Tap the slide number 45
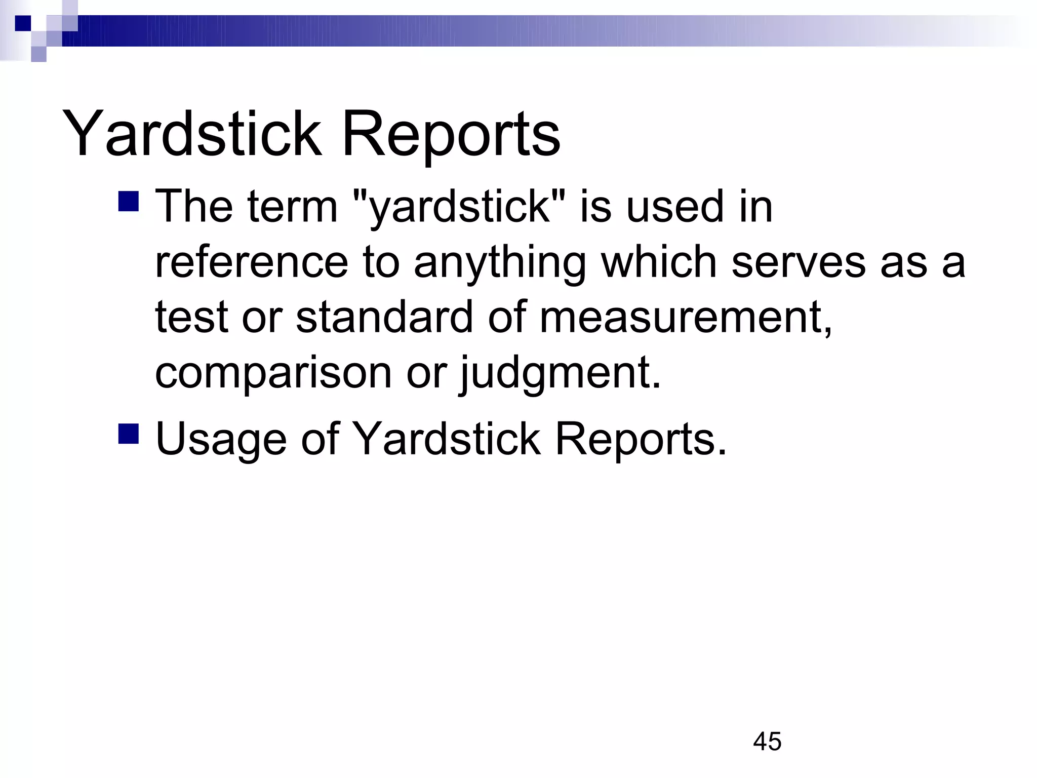click(767, 742)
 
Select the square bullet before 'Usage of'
click(128, 434)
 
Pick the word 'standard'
click(384, 317)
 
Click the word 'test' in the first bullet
click(192, 317)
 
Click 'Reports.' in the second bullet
click(641, 439)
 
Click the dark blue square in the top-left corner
click(23, 23)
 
